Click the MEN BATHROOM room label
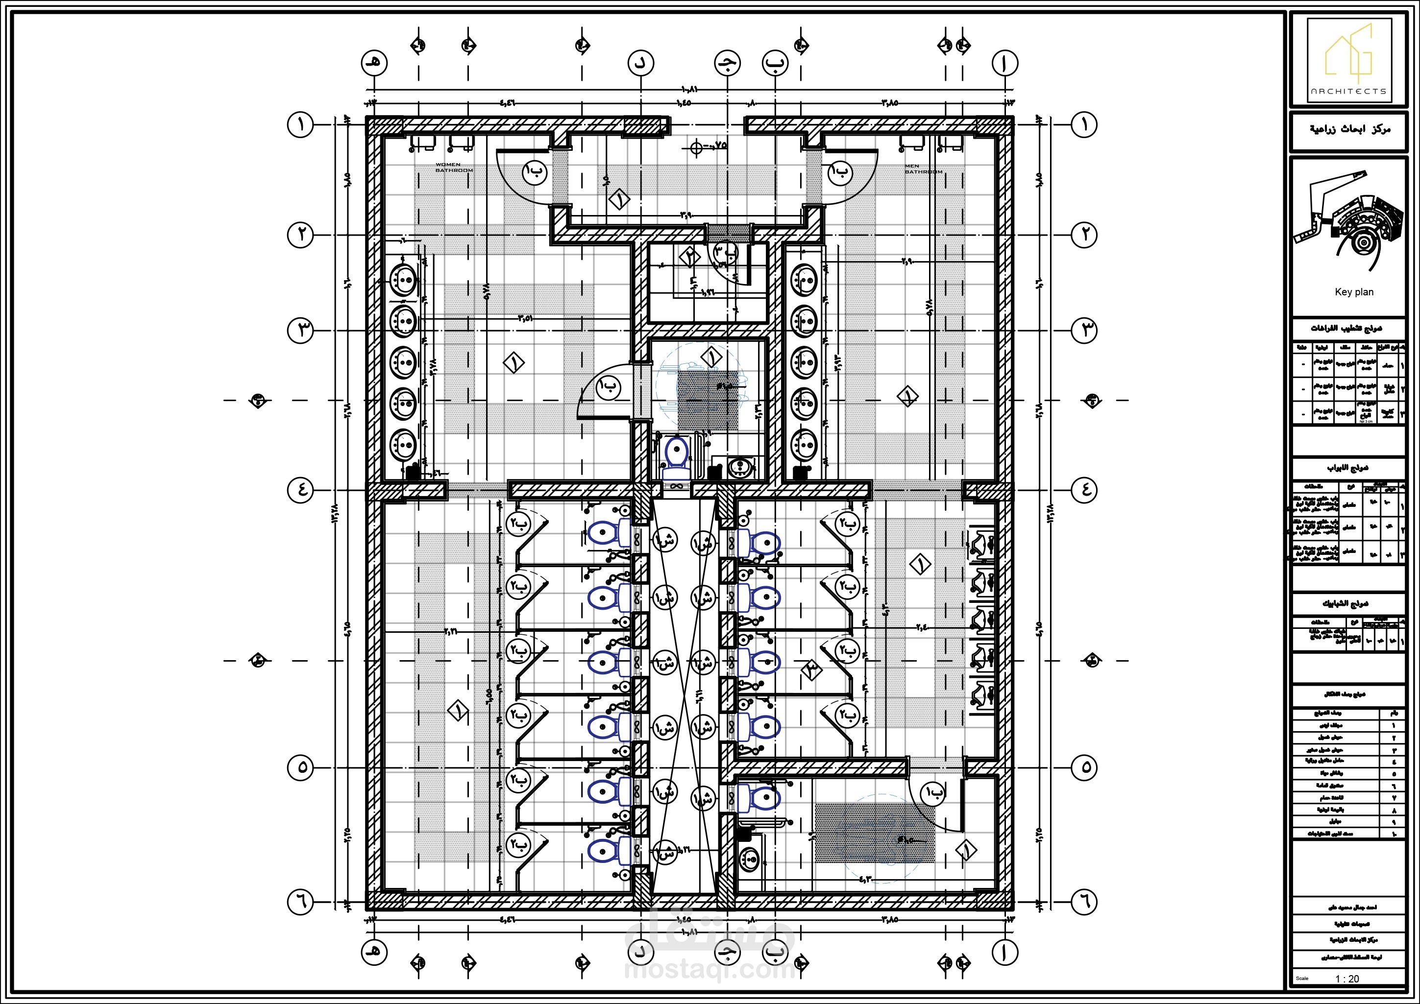click(923, 169)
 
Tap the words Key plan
click(1354, 292)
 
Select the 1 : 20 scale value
click(1347, 979)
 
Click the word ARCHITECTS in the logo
click(1348, 91)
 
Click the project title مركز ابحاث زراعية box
click(1349, 130)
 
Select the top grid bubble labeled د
click(641, 62)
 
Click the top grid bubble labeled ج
click(727, 62)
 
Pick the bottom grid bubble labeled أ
click(1005, 952)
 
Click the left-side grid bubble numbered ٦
click(301, 903)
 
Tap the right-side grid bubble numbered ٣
click(1083, 331)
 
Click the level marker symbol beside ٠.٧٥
click(696, 148)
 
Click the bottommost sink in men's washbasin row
click(804, 445)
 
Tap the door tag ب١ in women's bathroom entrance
click(535, 172)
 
